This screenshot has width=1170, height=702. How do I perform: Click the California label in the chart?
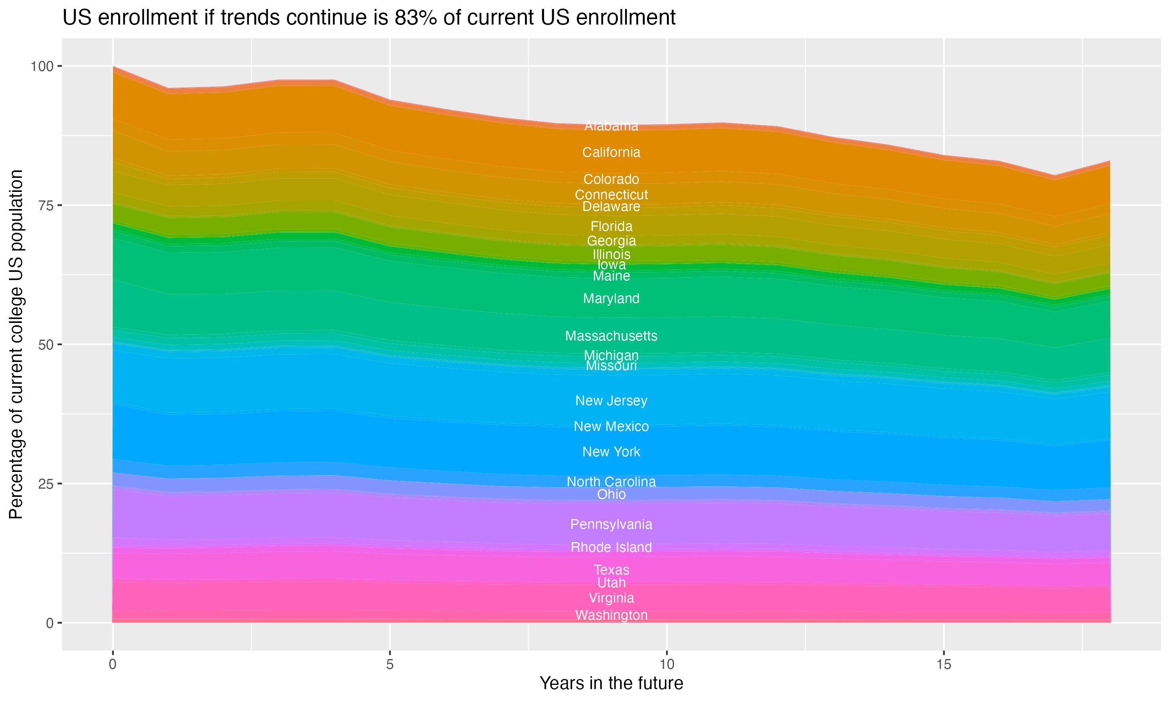coord(611,152)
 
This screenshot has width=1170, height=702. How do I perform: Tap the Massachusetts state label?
coord(611,336)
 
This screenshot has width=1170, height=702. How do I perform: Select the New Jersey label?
coord(611,401)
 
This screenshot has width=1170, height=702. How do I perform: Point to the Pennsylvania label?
coord(611,524)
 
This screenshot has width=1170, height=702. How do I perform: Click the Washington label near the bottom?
coord(611,615)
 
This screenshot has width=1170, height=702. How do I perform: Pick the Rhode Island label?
coord(611,547)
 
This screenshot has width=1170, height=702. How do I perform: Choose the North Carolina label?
coord(611,482)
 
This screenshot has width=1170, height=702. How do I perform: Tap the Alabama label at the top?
coord(611,126)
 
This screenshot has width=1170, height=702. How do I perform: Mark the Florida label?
coord(611,226)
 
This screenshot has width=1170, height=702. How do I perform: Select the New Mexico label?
coord(611,426)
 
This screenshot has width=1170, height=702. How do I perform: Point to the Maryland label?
coord(611,298)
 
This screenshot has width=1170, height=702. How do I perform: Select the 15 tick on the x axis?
coord(943,665)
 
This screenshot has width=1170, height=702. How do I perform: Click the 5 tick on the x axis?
coord(390,665)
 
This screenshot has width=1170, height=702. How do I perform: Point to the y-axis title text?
coord(16,344)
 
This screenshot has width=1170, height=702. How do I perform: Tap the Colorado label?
coord(611,179)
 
